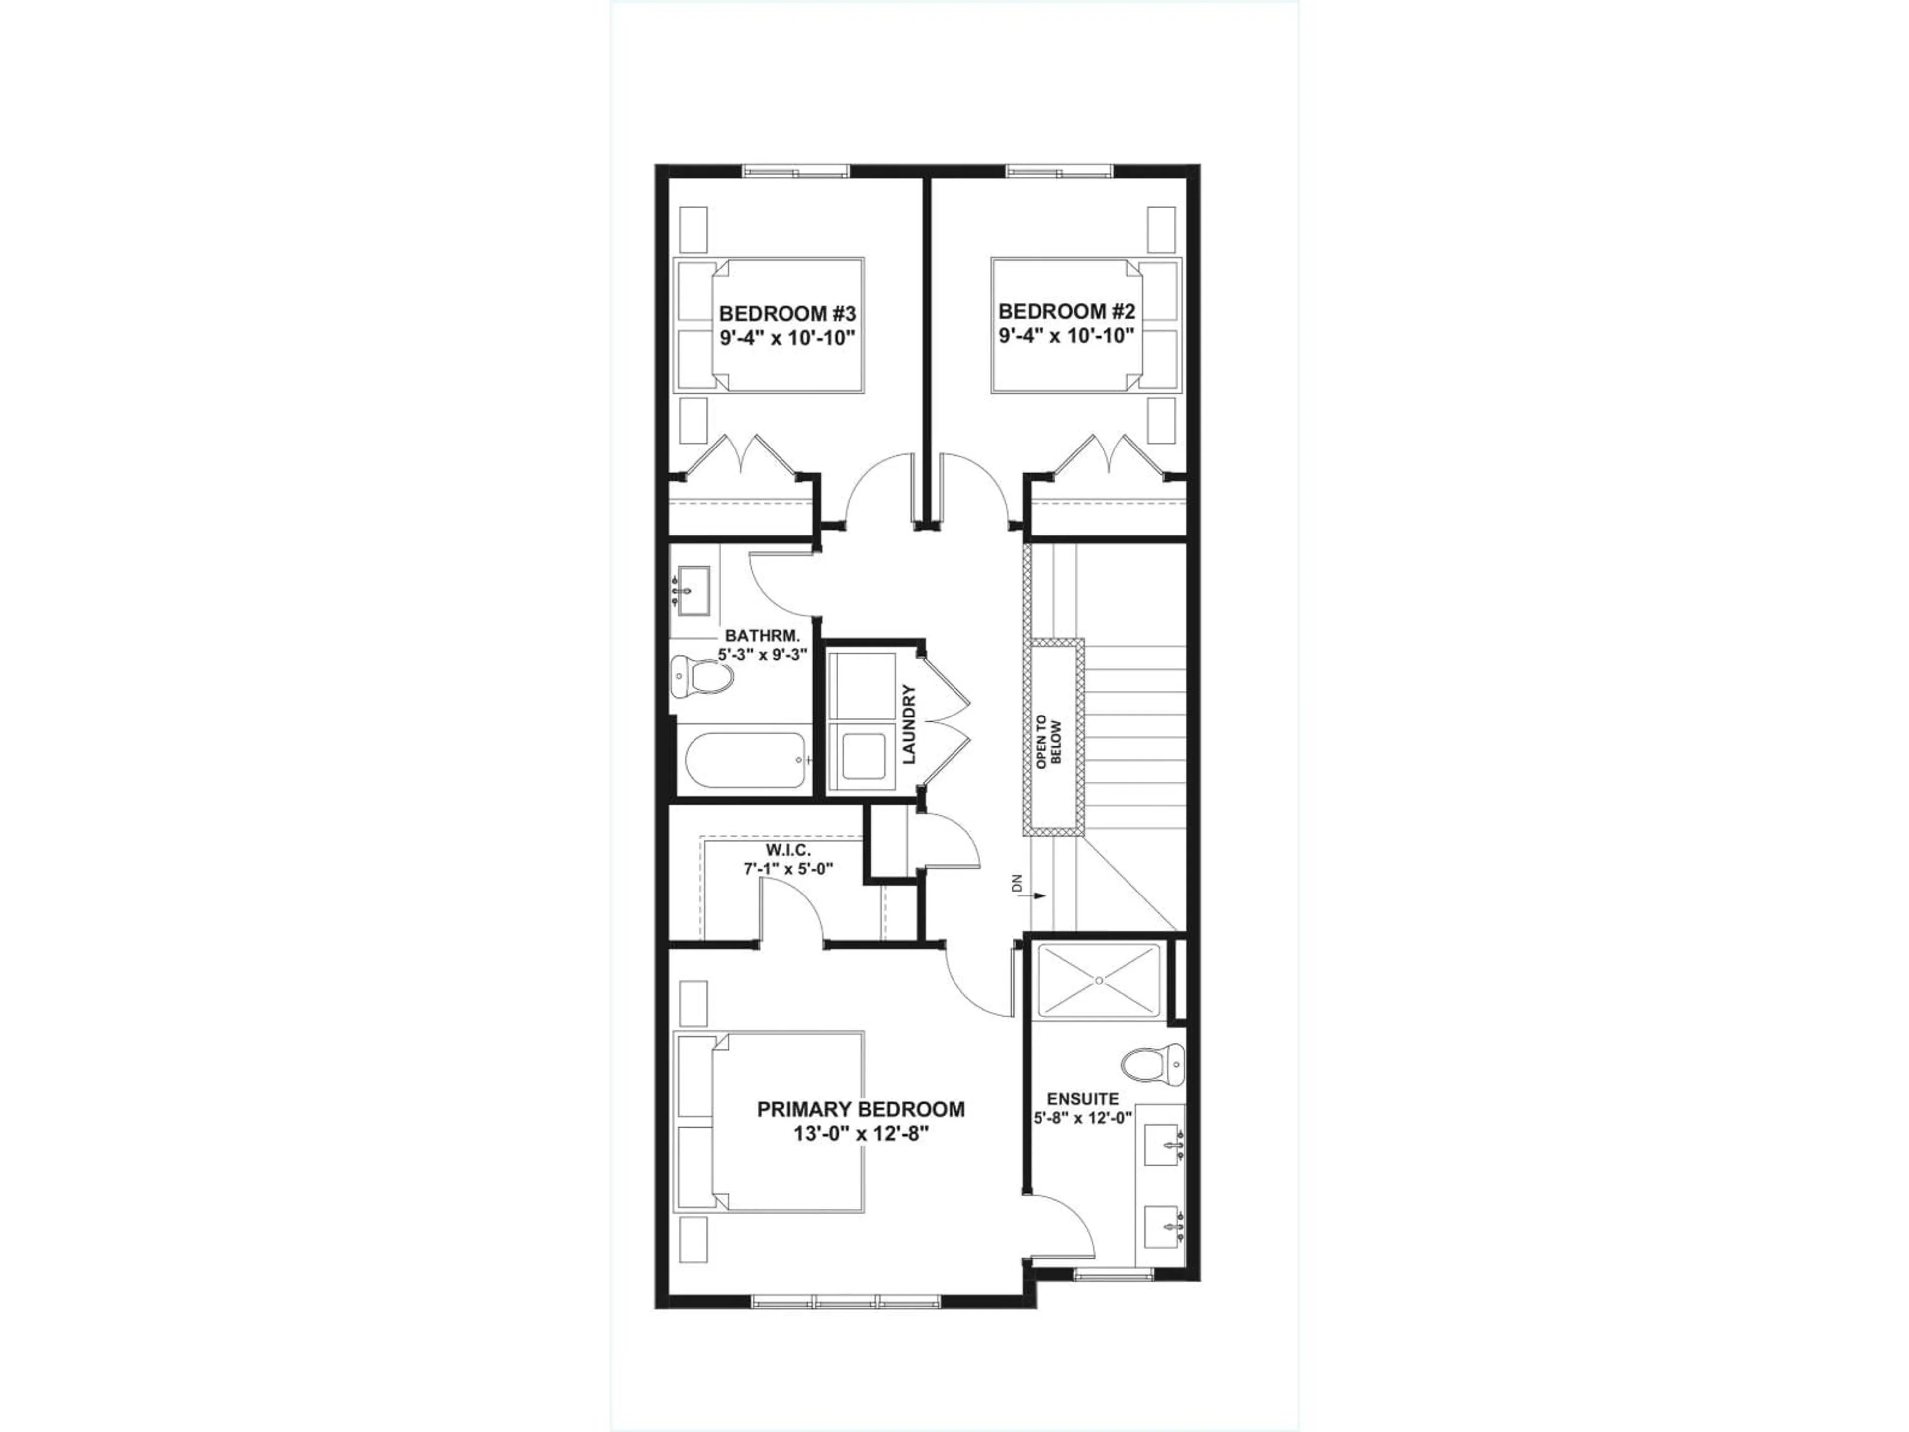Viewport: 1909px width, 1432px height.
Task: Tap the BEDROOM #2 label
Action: click(1065, 312)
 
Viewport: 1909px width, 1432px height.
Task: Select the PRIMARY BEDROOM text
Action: click(861, 1109)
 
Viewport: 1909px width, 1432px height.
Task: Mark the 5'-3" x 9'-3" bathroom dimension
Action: click(762, 654)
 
